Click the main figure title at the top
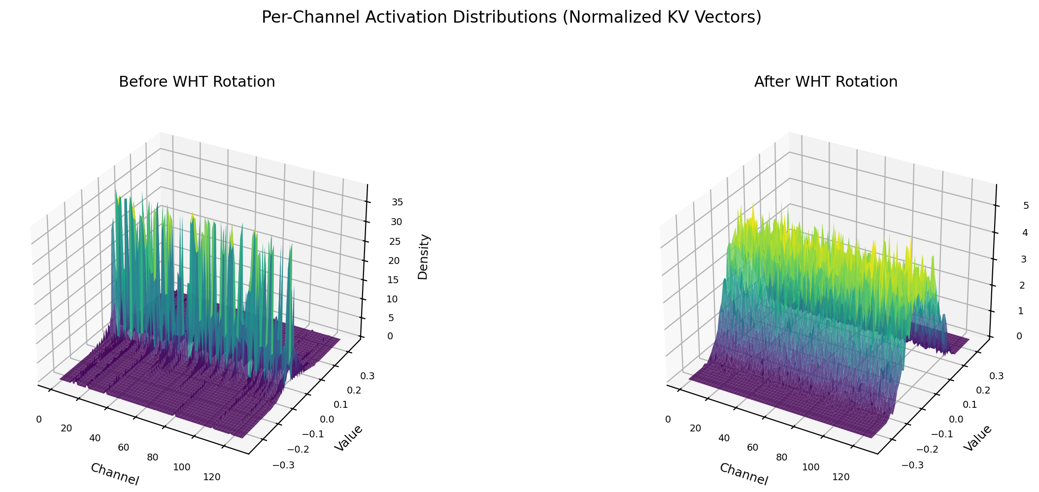(x=511, y=17)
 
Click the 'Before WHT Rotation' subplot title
(x=197, y=82)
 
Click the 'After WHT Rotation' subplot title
(x=826, y=82)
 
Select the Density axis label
(x=423, y=257)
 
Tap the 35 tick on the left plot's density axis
(x=397, y=202)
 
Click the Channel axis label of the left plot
(x=114, y=474)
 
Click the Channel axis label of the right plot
(x=743, y=474)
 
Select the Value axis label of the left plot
(x=348, y=438)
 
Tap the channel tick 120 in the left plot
(x=211, y=477)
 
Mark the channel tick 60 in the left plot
(x=124, y=447)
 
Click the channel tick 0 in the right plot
(x=668, y=419)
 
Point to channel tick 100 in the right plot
(x=810, y=467)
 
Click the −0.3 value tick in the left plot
(x=283, y=465)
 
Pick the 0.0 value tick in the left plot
(x=327, y=419)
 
